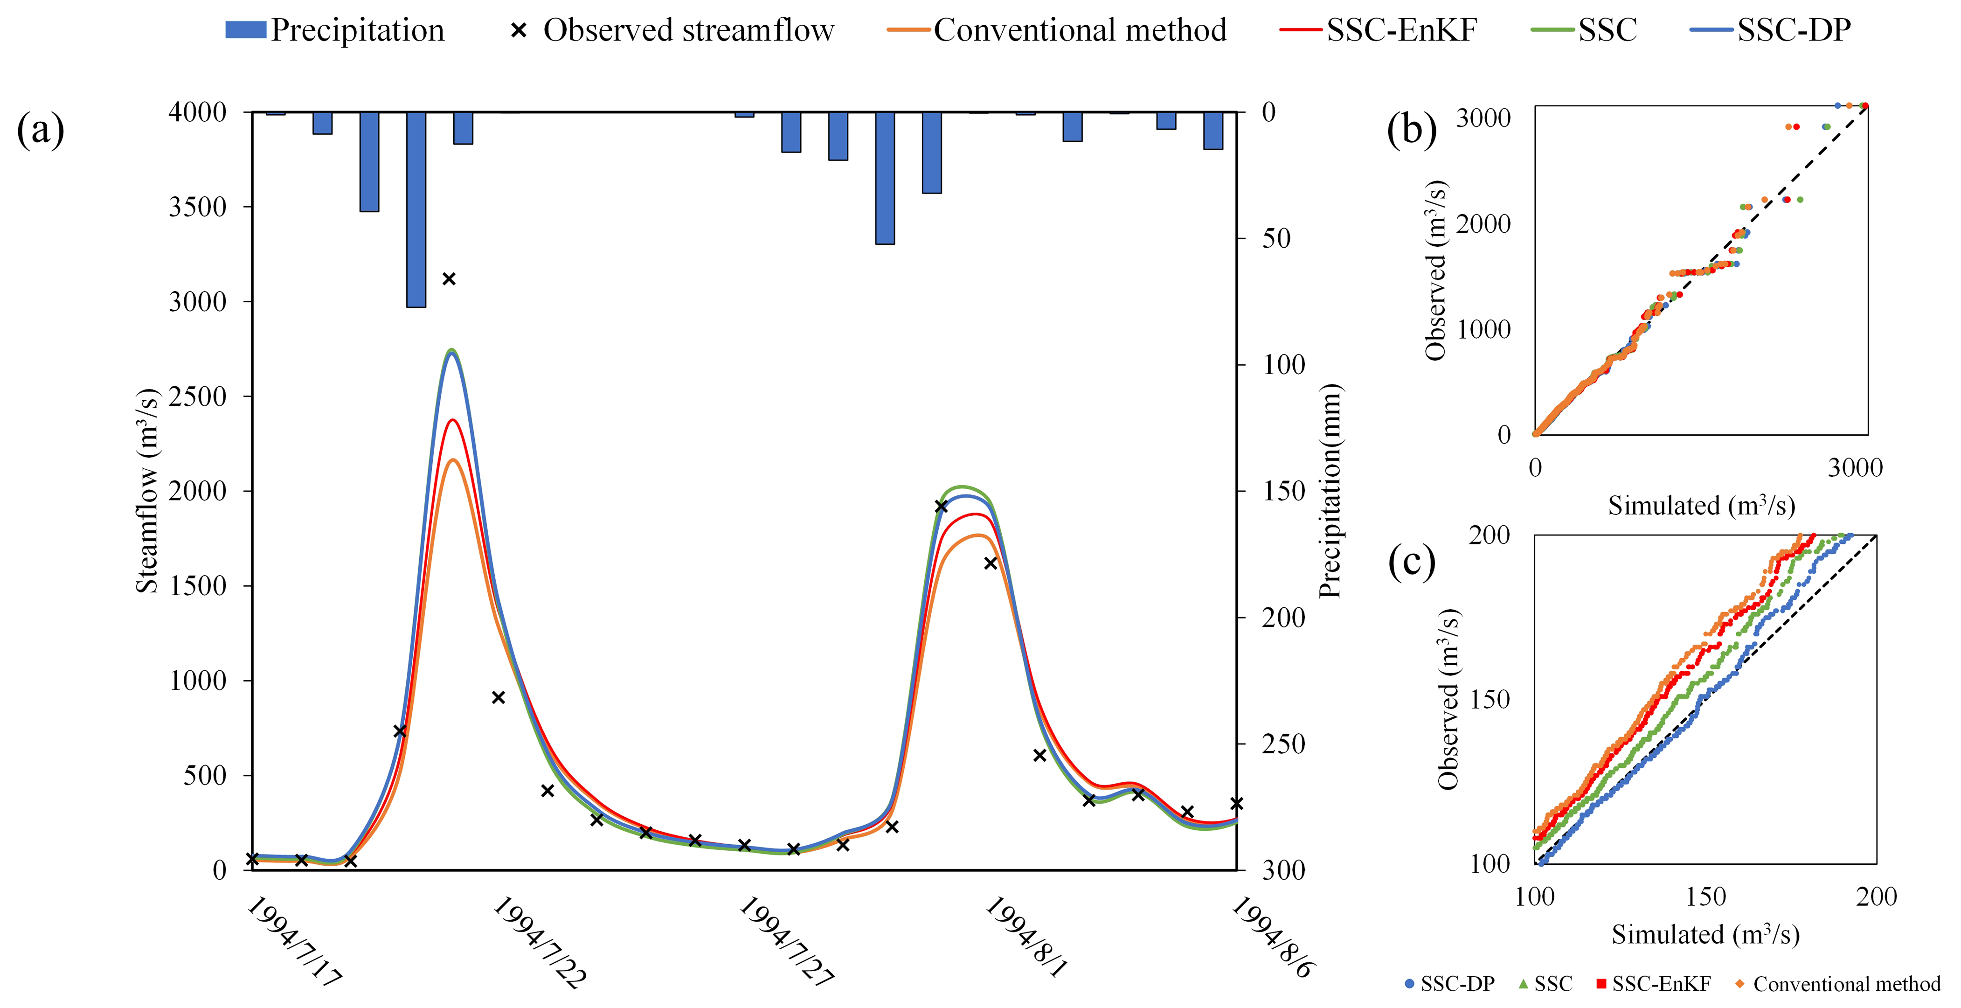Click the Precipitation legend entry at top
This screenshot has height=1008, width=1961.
(x=335, y=30)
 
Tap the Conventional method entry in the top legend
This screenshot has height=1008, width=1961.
(x=1058, y=30)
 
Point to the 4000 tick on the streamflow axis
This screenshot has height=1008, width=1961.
(x=197, y=113)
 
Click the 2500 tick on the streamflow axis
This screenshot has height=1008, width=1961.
(x=197, y=396)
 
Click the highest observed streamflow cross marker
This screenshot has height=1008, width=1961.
(x=449, y=278)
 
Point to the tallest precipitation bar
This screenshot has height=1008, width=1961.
(x=416, y=209)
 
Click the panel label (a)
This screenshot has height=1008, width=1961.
(x=41, y=129)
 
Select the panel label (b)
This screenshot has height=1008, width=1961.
(x=1411, y=129)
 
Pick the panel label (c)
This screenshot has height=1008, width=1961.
(x=1411, y=562)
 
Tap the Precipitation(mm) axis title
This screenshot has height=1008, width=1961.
(x=1330, y=491)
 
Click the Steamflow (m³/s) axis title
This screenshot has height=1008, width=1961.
(x=147, y=491)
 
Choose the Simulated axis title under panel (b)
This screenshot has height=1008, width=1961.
(x=1701, y=506)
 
